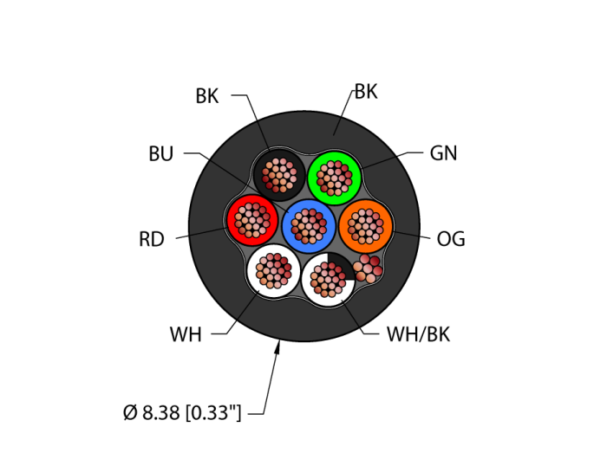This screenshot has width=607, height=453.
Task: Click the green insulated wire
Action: [335, 178]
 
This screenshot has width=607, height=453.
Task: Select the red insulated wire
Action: [251, 220]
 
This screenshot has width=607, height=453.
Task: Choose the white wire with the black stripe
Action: [328, 278]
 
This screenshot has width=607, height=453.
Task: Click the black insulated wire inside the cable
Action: [278, 175]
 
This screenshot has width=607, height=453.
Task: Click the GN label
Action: [443, 153]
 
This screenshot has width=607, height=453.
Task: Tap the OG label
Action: [451, 240]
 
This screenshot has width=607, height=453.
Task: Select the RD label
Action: [151, 240]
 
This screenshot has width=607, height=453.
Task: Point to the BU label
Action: [161, 154]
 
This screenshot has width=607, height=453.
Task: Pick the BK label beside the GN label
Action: [366, 92]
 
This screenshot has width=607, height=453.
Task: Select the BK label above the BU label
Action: [207, 96]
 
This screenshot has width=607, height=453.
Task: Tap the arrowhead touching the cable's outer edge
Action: [278, 347]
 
